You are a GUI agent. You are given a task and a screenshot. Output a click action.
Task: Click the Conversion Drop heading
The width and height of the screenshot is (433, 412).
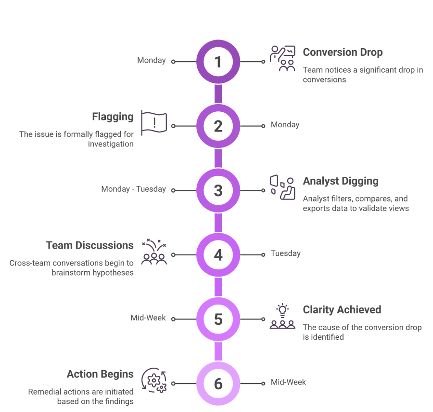pyautogui.click(x=343, y=52)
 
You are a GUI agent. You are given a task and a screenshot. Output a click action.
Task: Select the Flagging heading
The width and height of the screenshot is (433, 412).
pyautogui.click(x=113, y=117)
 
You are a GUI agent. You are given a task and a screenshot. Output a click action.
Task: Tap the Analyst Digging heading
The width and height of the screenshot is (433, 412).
pyautogui.click(x=341, y=181)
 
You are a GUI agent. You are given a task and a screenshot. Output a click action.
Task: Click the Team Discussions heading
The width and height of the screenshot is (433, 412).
pyautogui.click(x=90, y=245)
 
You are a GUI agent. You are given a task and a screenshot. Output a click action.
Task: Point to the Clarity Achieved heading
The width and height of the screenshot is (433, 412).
pyautogui.click(x=342, y=310)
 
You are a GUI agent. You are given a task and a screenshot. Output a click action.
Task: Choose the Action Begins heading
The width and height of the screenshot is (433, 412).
pyautogui.click(x=100, y=374)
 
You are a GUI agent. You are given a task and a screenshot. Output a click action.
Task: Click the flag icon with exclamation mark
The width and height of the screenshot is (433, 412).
pyautogui.click(x=154, y=123)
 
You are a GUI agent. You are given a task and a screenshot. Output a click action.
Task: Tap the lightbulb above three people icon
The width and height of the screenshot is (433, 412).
pyautogui.click(x=282, y=316)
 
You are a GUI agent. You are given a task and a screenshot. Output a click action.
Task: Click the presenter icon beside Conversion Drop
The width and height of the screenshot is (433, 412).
pyautogui.click(x=282, y=59)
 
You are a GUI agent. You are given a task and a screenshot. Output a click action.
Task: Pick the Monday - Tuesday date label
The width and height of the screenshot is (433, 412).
pyautogui.click(x=134, y=189)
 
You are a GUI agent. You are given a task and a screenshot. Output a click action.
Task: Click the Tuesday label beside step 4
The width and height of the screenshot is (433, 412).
pyautogui.click(x=285, y=253)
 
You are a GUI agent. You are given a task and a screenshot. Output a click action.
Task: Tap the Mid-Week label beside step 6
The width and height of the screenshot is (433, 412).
pyautogui.click(x=288, y=382)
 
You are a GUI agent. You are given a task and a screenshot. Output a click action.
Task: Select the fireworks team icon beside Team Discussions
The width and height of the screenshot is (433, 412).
pyautogui.click(x=154, y=252)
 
